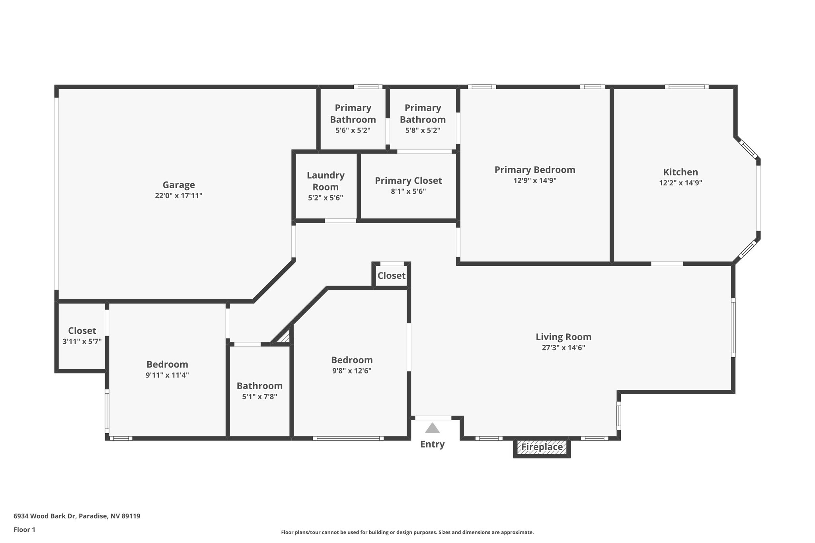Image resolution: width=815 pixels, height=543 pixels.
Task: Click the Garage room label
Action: pyautogui.click(x=179, y=185)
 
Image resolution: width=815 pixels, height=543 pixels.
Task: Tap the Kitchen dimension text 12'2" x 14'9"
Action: pyautogui.click(x=680, y=183)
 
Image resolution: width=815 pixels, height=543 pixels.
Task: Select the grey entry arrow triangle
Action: pyautogui.click(x=432, y=428)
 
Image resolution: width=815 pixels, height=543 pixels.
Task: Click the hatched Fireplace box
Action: pyautogui.click(x=542, y=447)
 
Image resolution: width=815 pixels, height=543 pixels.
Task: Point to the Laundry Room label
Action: pyautogui.click(x=326, y=181)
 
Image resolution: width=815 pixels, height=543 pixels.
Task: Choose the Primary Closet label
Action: pyautogui.click(x=408, y=181)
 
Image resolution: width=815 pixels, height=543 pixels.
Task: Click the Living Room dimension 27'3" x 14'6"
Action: pyautogui.click(x=563, y=348)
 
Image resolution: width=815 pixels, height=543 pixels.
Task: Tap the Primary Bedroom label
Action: pyautogui.click(x=535, y=170)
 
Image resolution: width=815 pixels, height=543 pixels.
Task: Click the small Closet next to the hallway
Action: pyautogui.click(x=391, y=276)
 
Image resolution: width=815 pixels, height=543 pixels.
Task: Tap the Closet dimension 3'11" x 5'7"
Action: pyautogui.click(x=82, y=341)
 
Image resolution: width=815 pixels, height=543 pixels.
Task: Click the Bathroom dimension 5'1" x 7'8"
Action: pyautogui.click(x=259, y=397)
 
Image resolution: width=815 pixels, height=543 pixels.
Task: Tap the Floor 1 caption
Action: pyautogui.click(x=24, y=529)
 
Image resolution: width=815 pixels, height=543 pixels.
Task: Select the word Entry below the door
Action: pyautogui.click(x=432, y=444)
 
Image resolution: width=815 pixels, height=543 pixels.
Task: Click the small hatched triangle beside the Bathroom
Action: pyautogui.click(x=285, y=337)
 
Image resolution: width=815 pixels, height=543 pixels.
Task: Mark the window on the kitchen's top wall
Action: pyautogui.click(x=686, y=87)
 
